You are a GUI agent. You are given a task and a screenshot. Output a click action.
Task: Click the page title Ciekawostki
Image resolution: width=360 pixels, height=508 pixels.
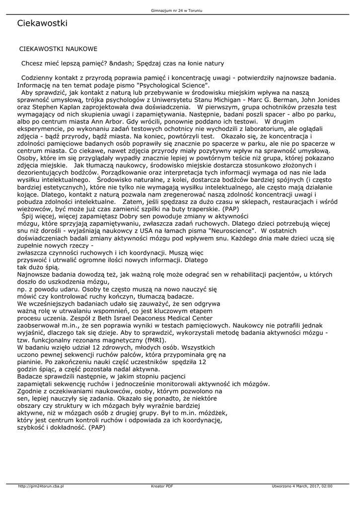42,23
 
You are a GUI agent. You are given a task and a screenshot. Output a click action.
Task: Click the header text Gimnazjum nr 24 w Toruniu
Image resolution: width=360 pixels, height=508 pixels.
180,10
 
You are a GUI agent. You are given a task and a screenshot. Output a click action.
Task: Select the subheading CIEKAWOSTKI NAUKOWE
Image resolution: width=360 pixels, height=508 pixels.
58,49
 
